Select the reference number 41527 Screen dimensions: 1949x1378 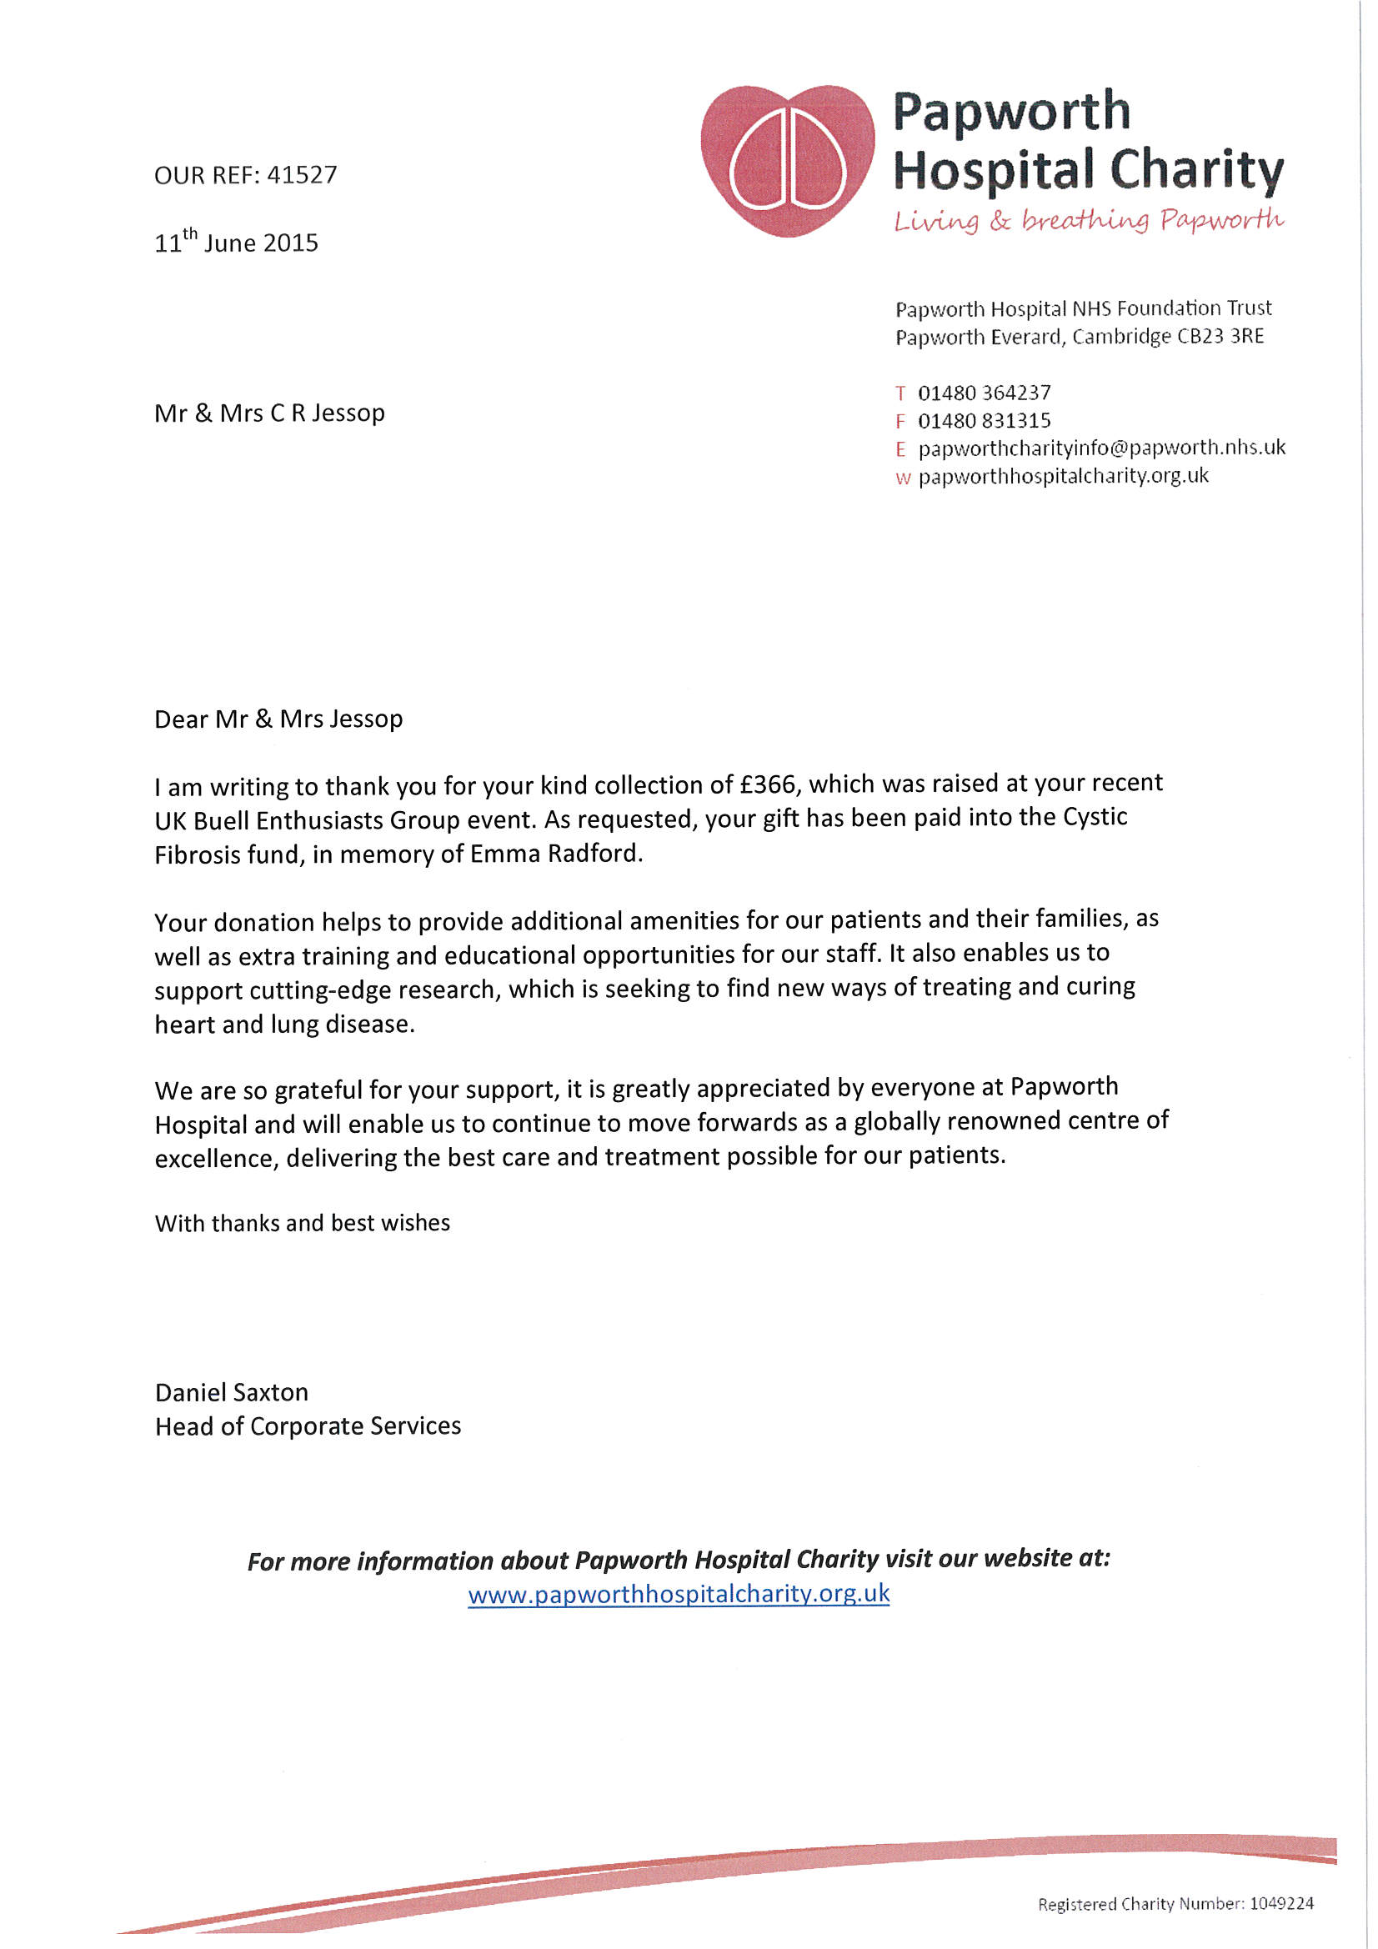[x=303, y=175]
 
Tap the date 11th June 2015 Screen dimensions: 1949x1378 [x=236, y=242]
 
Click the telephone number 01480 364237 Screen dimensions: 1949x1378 [x=984, y=393]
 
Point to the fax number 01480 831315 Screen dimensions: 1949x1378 [x=984, y=420]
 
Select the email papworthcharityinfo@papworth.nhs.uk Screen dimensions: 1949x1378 [x=1101, y=448]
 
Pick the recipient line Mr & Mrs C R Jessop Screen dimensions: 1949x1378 [x=269, y=413]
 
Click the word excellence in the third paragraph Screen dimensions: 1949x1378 [x=216, y=1159]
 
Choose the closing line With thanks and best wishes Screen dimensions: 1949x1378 [x=303, y=1223]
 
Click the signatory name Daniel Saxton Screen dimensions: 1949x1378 [x=231, y=1392]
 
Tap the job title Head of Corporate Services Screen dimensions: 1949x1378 [x=308, y=1426]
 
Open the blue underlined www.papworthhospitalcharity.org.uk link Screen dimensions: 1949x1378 [x=679, y=1593]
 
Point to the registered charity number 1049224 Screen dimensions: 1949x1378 [x=1281, y=1904]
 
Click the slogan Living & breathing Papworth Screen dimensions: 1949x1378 [x=1088, y=221]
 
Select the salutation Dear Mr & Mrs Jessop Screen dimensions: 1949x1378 [x=278, y=719]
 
